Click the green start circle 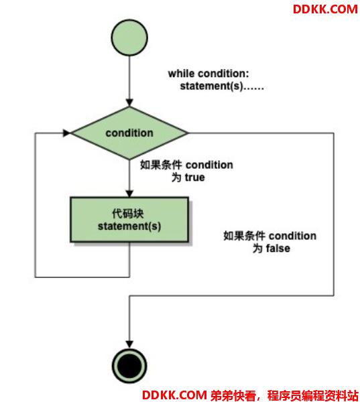(129, 38)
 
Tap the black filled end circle (129, 366)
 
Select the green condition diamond (129, 133)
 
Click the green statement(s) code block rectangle (129, 220)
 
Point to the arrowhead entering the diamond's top (129, 103)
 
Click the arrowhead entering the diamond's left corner (67, 133)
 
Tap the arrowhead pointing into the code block (129, 194)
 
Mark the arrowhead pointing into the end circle (129, 344)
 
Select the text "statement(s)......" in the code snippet (222, 86)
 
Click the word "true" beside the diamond (195, 178)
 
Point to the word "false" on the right (278, 249)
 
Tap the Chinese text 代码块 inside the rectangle (128, 214)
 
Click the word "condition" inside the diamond (129, 133)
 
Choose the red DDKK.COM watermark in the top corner (325, 9)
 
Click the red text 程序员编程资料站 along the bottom (313, 395)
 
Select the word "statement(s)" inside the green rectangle (129, 226)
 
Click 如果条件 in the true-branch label (161, 165)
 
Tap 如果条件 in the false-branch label (244, 236)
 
